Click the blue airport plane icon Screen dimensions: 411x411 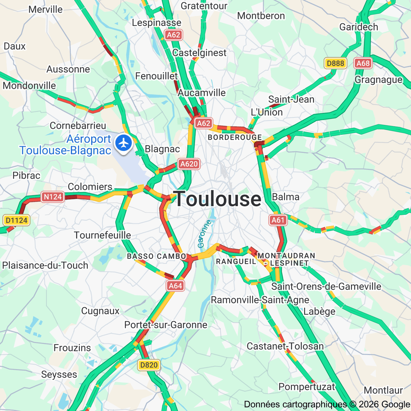(124, 143)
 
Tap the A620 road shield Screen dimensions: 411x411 (189, 164)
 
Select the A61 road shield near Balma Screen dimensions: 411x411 (278, 220)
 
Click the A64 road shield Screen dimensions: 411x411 (175, 286)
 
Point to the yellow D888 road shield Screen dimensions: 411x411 (335, 63)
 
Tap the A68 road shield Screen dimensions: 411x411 (363, 63)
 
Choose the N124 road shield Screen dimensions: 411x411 (53, 197)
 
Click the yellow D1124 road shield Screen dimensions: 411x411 (16, 220)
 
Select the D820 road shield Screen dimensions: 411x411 (149, 365)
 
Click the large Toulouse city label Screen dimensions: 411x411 (218, 199)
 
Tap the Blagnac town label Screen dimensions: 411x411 (162, 149)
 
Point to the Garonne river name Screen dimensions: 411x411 (204, 234)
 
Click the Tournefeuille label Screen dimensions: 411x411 (102, 235)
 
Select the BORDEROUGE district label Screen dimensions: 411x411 (235, 137)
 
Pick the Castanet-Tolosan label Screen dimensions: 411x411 (285, 346)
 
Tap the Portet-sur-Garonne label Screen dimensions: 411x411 (166, 325)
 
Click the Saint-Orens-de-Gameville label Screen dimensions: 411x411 (326, 286)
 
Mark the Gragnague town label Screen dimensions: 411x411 (378, 80)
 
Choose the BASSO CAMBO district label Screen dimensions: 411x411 (157, 256)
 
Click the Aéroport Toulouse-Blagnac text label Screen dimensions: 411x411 (65, 145)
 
